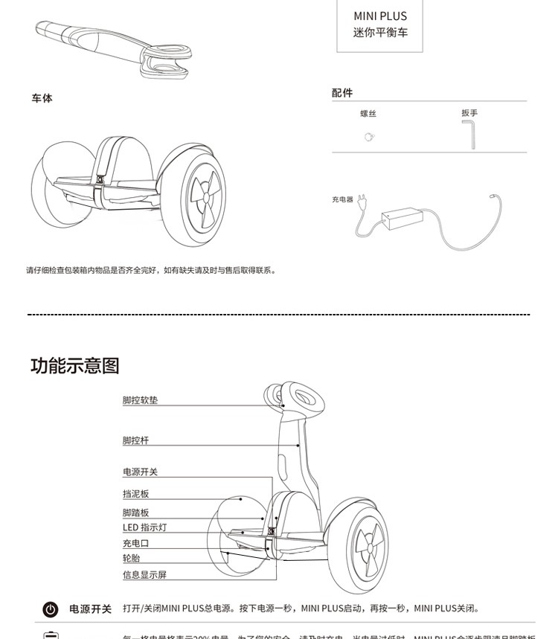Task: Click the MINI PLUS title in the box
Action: [x=379, y=16]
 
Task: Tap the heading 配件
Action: [x=342, y=93]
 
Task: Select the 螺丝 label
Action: [x=368, y=114]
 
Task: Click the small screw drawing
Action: [x=368, y=137]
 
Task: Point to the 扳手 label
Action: [x=469, y=113]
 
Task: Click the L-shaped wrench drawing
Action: [x=470, y=135]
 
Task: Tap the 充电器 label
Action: [x=342, y=199]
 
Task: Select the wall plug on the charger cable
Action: [x=362, y=203]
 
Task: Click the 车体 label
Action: [x=42, y=98]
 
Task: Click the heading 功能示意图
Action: [x=75, y=366]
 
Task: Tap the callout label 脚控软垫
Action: [x=140, y=400]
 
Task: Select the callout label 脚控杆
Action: [x=135, y=440]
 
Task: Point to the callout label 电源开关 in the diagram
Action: [x=140, y=472]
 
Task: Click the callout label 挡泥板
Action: [x=135, y=493]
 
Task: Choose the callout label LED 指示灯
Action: [x=144, y=527]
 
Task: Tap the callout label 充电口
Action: [x=135, y=544]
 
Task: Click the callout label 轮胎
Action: [x=131, y=558]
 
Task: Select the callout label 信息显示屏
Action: [x=144, y=574]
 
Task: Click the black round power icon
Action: [x=51, y=609]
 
